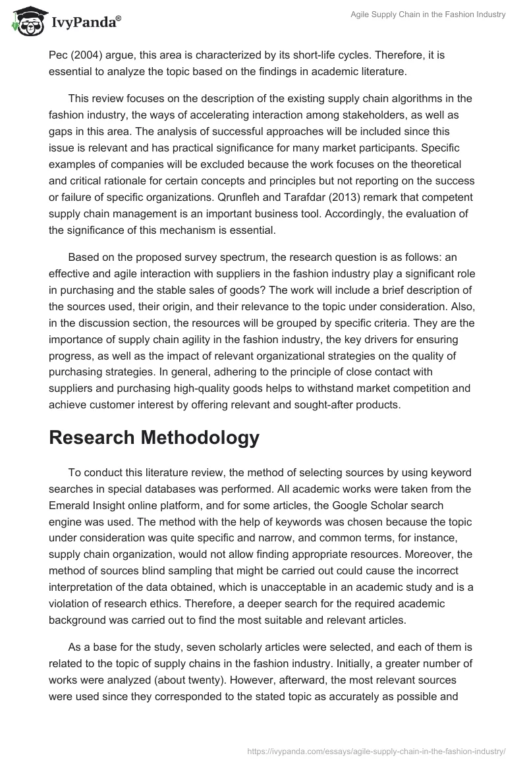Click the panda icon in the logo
25,22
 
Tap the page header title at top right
428,14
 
